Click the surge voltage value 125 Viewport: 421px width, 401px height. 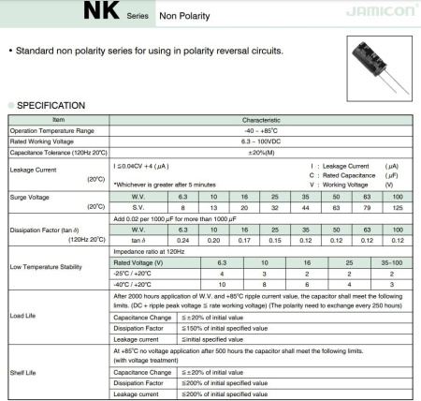click(x=398, y=206)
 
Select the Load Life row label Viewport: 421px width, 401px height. click(x=23, y=316)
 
